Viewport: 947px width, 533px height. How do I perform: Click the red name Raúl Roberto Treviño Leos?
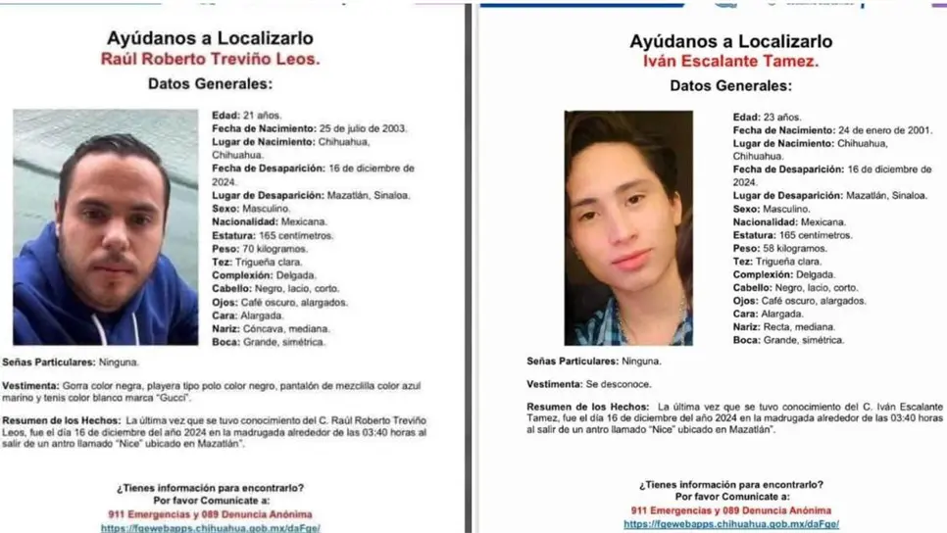[210, 60]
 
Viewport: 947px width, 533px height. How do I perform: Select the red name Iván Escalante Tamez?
[731, 62]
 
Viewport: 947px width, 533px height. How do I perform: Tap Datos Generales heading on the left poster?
[210, 84]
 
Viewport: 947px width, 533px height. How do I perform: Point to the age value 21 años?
[256, 115]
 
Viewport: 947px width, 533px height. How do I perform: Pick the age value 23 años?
[776, 117]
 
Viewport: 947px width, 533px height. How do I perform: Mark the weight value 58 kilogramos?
[792, 249]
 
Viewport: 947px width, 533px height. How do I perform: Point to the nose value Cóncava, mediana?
[282, 329]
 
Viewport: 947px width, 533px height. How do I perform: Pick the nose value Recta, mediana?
[798, 326]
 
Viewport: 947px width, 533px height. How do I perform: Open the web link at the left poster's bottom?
[210, 528]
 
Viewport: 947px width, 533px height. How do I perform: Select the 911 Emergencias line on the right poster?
[730, 510]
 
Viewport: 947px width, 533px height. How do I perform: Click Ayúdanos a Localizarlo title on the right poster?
[730, 41]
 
